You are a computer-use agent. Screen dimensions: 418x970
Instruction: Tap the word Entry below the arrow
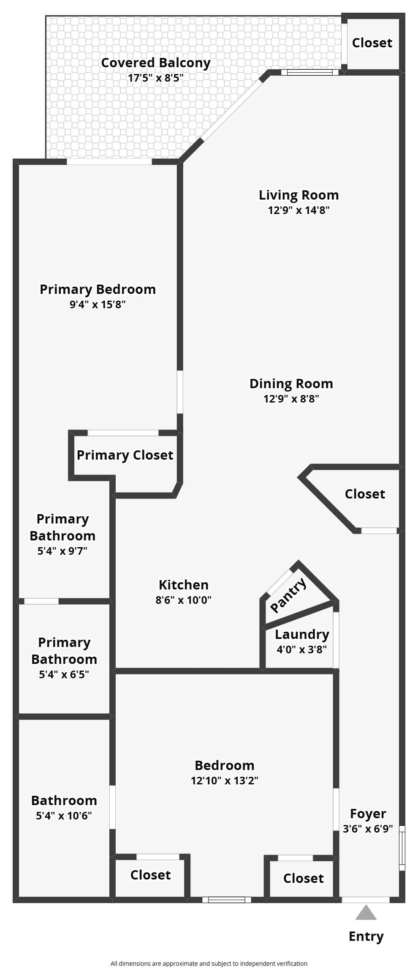tap(366, 937)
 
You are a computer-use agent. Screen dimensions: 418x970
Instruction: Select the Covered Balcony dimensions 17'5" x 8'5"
tap(156, 78)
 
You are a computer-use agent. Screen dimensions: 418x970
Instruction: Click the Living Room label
tap(299, 195)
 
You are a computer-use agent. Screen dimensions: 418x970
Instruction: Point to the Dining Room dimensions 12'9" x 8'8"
tap(291, 399)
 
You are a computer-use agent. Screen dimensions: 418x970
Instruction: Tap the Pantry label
tap(289, 595)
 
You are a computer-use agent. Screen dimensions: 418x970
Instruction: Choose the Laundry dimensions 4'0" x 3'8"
tap(302, 649)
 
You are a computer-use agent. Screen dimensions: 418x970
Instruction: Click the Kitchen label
tap(184, 585)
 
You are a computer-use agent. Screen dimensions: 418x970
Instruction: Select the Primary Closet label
tap(125, 455)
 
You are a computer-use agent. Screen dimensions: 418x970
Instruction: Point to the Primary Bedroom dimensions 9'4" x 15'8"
tap(98, 304)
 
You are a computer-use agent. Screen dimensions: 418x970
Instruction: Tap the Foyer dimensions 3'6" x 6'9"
tap(368, 829)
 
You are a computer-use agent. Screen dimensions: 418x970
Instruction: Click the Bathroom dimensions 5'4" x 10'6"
tap(64, 816)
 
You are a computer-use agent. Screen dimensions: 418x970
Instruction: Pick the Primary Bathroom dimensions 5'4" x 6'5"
tap(64, 674)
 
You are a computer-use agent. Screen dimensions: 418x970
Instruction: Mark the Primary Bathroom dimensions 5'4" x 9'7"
tap(62, 551)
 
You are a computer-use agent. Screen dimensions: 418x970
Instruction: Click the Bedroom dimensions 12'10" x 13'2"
tap(225, 781)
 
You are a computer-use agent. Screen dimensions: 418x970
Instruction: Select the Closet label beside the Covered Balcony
tap(372, 43)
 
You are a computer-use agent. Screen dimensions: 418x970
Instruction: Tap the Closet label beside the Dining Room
tap(365, 494)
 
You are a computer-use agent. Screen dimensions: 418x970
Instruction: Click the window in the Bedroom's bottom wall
tap(227, 899)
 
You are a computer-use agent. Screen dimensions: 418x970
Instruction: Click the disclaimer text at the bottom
tap(209, 964)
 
